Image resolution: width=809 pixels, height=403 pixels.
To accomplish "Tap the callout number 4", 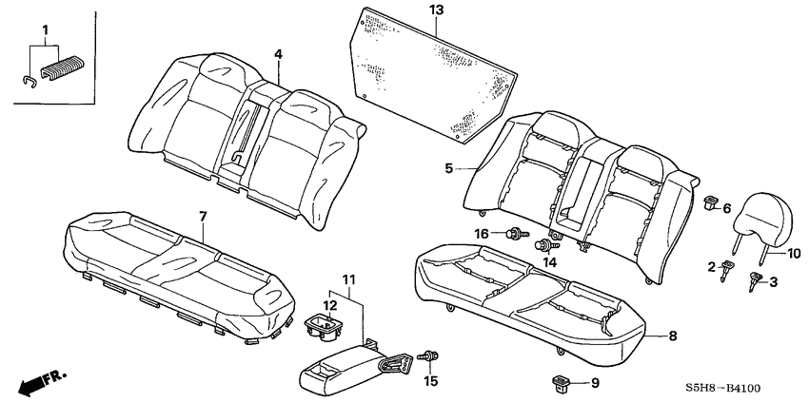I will [x=278, y=54].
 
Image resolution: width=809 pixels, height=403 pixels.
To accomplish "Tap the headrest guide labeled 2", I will [x=727, y=269].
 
